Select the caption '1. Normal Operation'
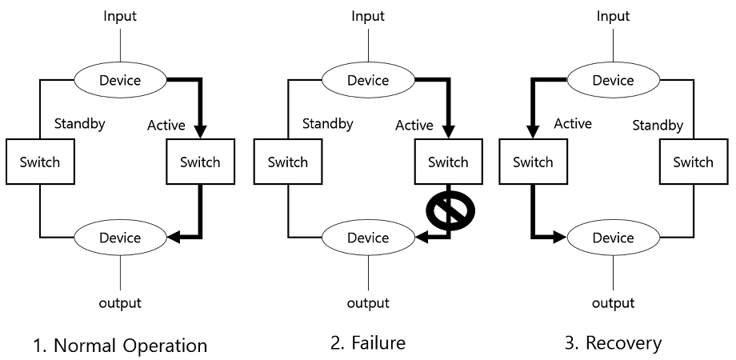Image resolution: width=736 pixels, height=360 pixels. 120,346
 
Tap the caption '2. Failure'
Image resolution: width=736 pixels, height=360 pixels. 368,343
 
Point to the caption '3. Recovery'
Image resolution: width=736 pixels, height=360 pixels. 613,343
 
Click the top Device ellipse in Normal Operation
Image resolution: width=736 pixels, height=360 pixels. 120,80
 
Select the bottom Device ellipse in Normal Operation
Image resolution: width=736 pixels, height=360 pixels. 120,238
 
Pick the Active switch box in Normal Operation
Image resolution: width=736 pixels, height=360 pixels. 200,162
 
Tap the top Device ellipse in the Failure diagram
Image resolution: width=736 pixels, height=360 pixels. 368,80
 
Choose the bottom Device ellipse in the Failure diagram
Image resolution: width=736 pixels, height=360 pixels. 368,238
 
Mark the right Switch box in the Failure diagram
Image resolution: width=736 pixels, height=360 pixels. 448,162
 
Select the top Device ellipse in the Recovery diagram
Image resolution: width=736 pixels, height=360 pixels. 613,80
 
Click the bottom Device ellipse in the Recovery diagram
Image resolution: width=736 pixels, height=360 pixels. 613,238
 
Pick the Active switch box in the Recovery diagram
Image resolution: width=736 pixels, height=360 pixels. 533,162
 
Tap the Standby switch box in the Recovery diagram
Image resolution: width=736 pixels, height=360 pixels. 693,162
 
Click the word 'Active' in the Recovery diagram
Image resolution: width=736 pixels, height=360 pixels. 573,124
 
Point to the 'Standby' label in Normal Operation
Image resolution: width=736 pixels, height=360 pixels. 80,124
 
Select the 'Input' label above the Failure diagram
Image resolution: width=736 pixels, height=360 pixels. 368,16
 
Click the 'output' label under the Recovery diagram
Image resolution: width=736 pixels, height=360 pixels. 613,303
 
